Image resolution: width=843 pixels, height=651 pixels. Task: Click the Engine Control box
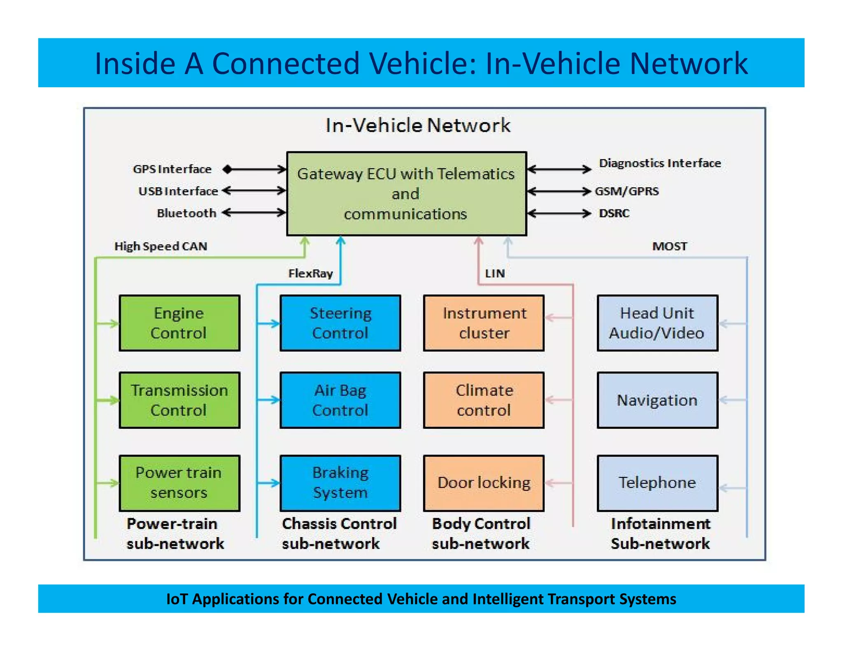coord(179,323)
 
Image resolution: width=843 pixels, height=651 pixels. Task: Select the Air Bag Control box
coord(340,400)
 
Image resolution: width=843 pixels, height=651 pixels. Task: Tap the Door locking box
coord(484,483)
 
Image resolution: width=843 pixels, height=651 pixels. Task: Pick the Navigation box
coord(657,400)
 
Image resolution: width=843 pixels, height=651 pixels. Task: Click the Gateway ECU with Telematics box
coord(406,193)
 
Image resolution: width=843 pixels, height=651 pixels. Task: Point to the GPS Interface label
coord(172,169)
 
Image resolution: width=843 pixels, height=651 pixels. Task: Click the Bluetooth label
coord(186,213)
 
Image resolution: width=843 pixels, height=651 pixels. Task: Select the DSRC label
coord(614,213)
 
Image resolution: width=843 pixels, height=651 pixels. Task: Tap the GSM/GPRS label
coord(626,191)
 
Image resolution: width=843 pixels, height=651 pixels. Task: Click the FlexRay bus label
coord(310,273)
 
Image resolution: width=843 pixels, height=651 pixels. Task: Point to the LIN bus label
coord(494,273)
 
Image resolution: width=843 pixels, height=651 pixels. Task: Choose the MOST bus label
coord(669,246)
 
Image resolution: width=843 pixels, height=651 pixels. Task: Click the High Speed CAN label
coord(161,246)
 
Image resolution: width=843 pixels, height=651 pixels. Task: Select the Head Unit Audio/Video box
coord(657,323)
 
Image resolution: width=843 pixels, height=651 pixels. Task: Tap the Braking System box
coord(340,483)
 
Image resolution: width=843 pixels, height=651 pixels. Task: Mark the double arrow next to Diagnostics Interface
coord(559,169)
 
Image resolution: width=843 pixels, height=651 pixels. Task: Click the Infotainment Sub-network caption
coord(660,534)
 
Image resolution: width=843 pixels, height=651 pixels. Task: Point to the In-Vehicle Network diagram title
coord(417,125)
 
